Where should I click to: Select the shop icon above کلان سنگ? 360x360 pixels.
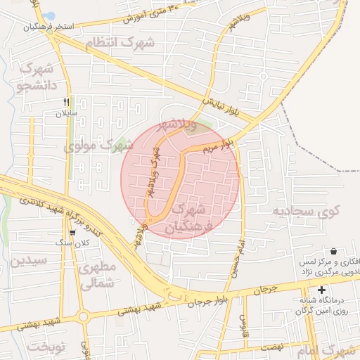(x=72, y=233)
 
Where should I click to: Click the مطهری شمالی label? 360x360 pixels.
(x=98, y=276)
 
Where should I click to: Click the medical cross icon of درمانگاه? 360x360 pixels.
(x=322, y=290)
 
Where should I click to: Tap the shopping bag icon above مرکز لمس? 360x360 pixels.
(x=333, y=251)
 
